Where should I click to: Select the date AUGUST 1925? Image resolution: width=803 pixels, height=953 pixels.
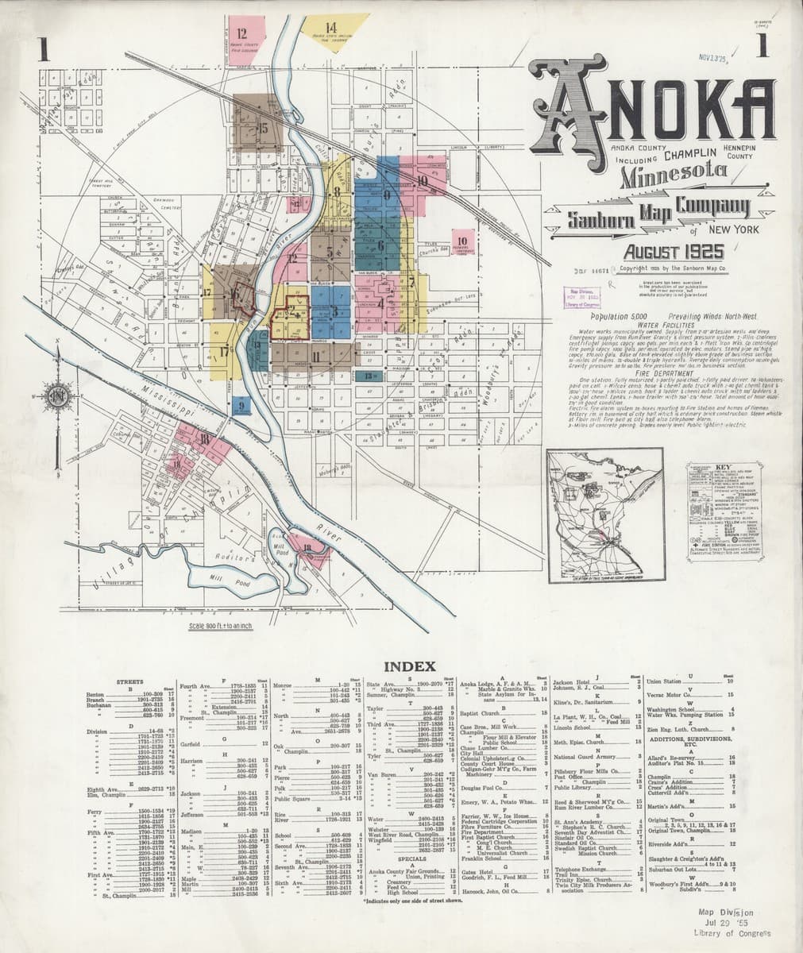click(674, 253)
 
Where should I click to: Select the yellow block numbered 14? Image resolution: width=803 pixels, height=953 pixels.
click(334, 32)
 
